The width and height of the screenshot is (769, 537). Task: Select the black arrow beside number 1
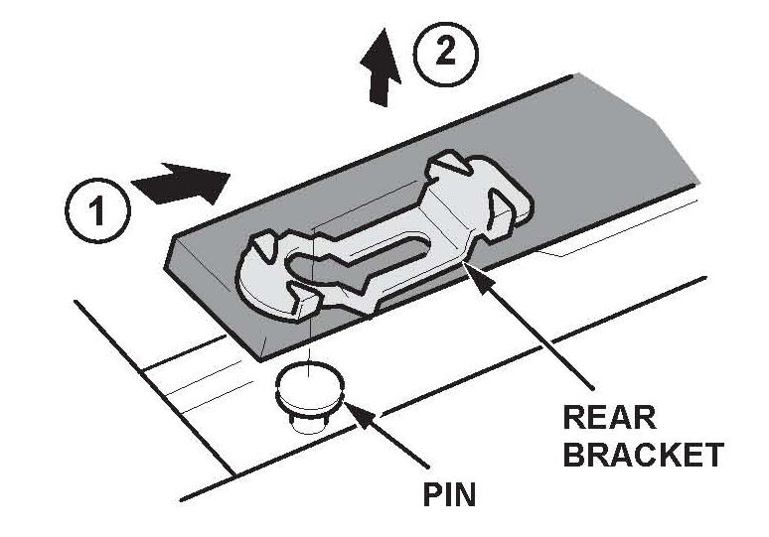pyautogui.click(x=182, y=184)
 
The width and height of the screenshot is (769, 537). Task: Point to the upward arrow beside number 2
pyautogui.click(x=379, y=73)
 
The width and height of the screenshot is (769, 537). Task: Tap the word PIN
pyautogui.click(x=445, y=493)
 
